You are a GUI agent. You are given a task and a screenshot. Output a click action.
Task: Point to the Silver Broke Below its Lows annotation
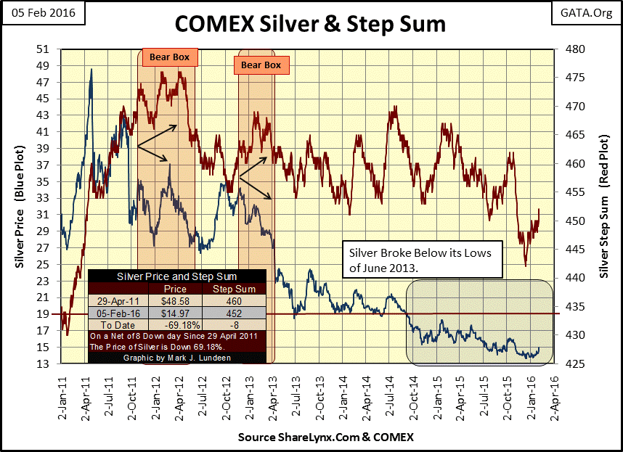click(x=420, y=259)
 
